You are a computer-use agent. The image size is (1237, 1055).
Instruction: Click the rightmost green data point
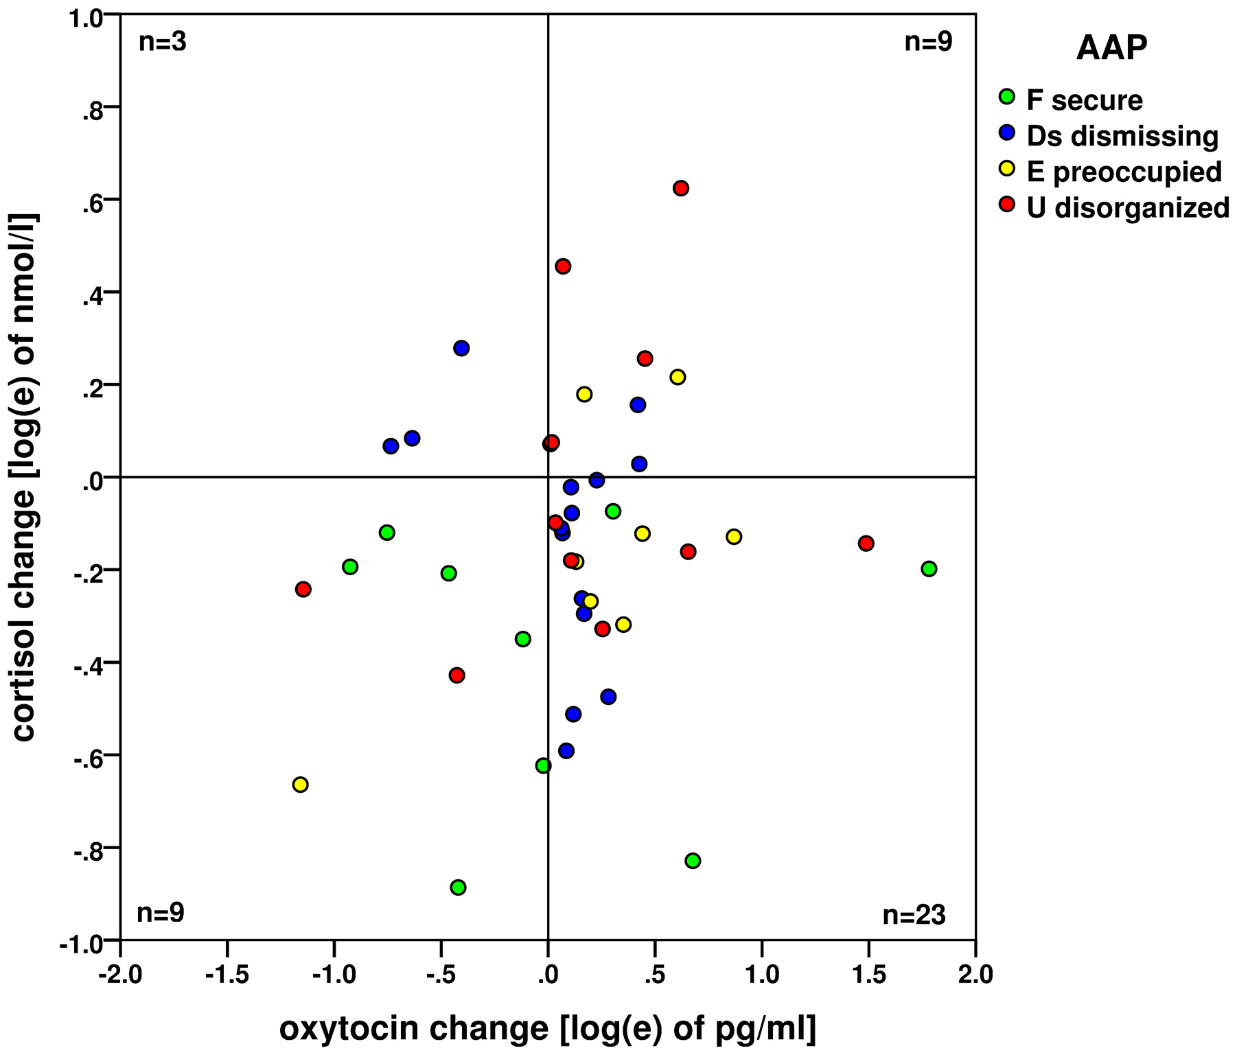click(x=929, y=568)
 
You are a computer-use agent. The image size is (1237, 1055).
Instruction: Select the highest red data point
click(x=680, y=188)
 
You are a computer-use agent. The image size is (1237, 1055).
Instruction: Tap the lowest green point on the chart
click(x=458, y=887)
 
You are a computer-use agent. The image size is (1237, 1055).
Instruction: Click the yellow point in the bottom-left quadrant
click(x=300, y=785)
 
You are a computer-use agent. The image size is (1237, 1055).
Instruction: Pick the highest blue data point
click(x=461, y=348)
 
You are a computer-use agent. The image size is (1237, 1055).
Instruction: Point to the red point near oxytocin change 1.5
click(x=866, y=544)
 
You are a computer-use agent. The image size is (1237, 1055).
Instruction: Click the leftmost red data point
click(x=303, y=589)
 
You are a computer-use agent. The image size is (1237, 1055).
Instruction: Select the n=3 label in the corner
click(x=163, y=43)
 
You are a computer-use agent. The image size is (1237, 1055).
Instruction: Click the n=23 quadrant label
click(x=914, y=915)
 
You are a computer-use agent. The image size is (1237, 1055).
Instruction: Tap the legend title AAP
click(x=1111, y=48)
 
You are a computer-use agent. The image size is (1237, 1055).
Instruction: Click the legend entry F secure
click(x=1084, y=100)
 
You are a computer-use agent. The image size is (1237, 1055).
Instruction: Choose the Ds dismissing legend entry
click(x=1122, y=136)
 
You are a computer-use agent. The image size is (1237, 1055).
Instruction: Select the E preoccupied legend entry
click(x=1124, y=172)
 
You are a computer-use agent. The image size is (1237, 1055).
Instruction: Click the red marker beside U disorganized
click(x=1007, y=204)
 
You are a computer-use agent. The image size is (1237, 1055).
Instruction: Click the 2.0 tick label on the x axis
click(x=975, y=975)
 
